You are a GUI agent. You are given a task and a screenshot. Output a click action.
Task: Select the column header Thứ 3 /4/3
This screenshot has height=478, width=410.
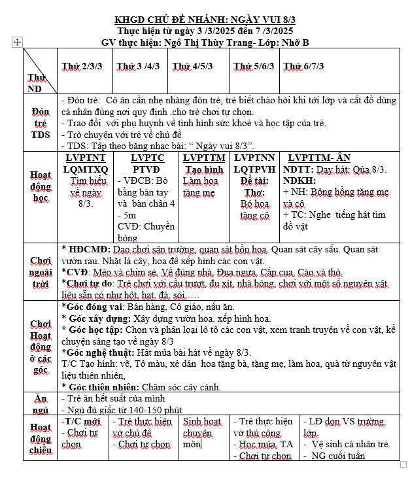pos(138,66)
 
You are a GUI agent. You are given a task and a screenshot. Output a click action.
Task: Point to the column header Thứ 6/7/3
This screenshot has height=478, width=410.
pos(303,66)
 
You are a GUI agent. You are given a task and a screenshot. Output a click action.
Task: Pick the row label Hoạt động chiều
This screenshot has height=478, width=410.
pos(41,438)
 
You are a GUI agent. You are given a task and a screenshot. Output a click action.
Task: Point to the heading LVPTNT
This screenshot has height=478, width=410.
pos(86,158)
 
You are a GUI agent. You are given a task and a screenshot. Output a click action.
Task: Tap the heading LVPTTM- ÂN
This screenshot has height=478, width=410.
pos(318,158)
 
